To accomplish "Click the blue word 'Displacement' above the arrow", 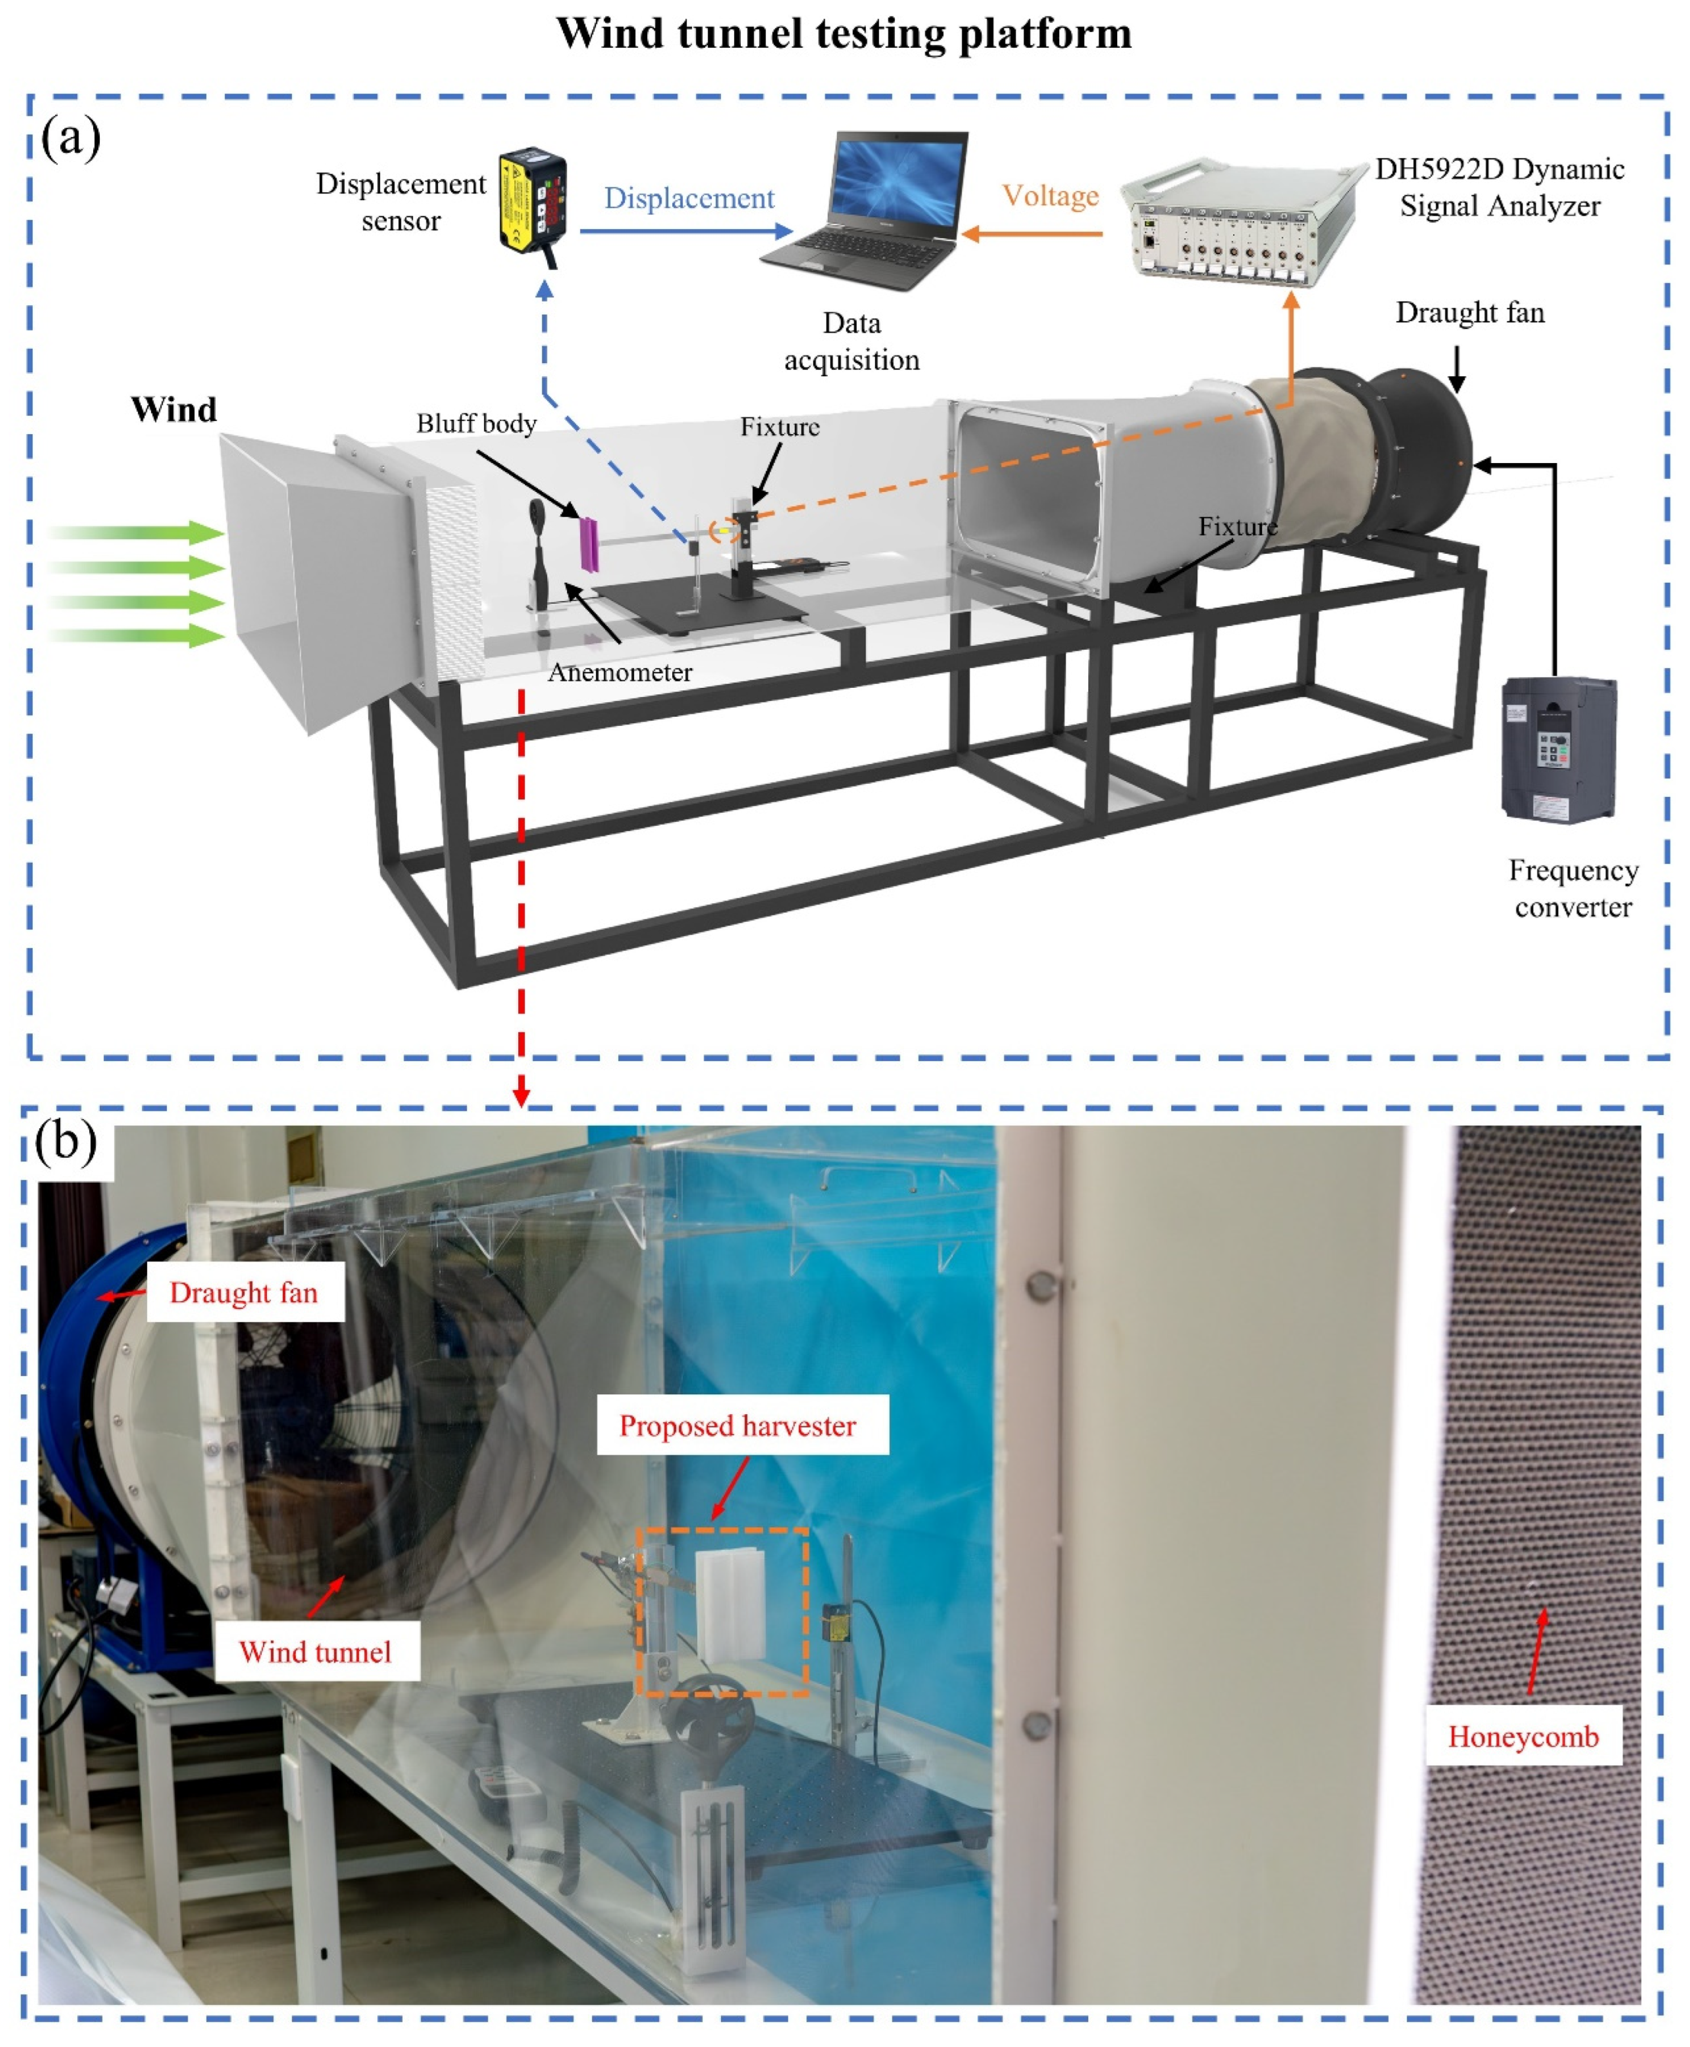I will click(689, 199).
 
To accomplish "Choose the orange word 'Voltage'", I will click(1050, 196).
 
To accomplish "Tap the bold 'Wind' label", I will click(174, 410).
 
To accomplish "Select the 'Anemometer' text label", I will click(620, 671).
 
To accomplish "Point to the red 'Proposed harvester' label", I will click(738, 1426).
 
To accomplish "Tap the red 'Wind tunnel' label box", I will click(316, 1652).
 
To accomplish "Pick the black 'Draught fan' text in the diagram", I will click(1470, 313).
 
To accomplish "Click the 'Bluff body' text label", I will click(476, 423).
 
